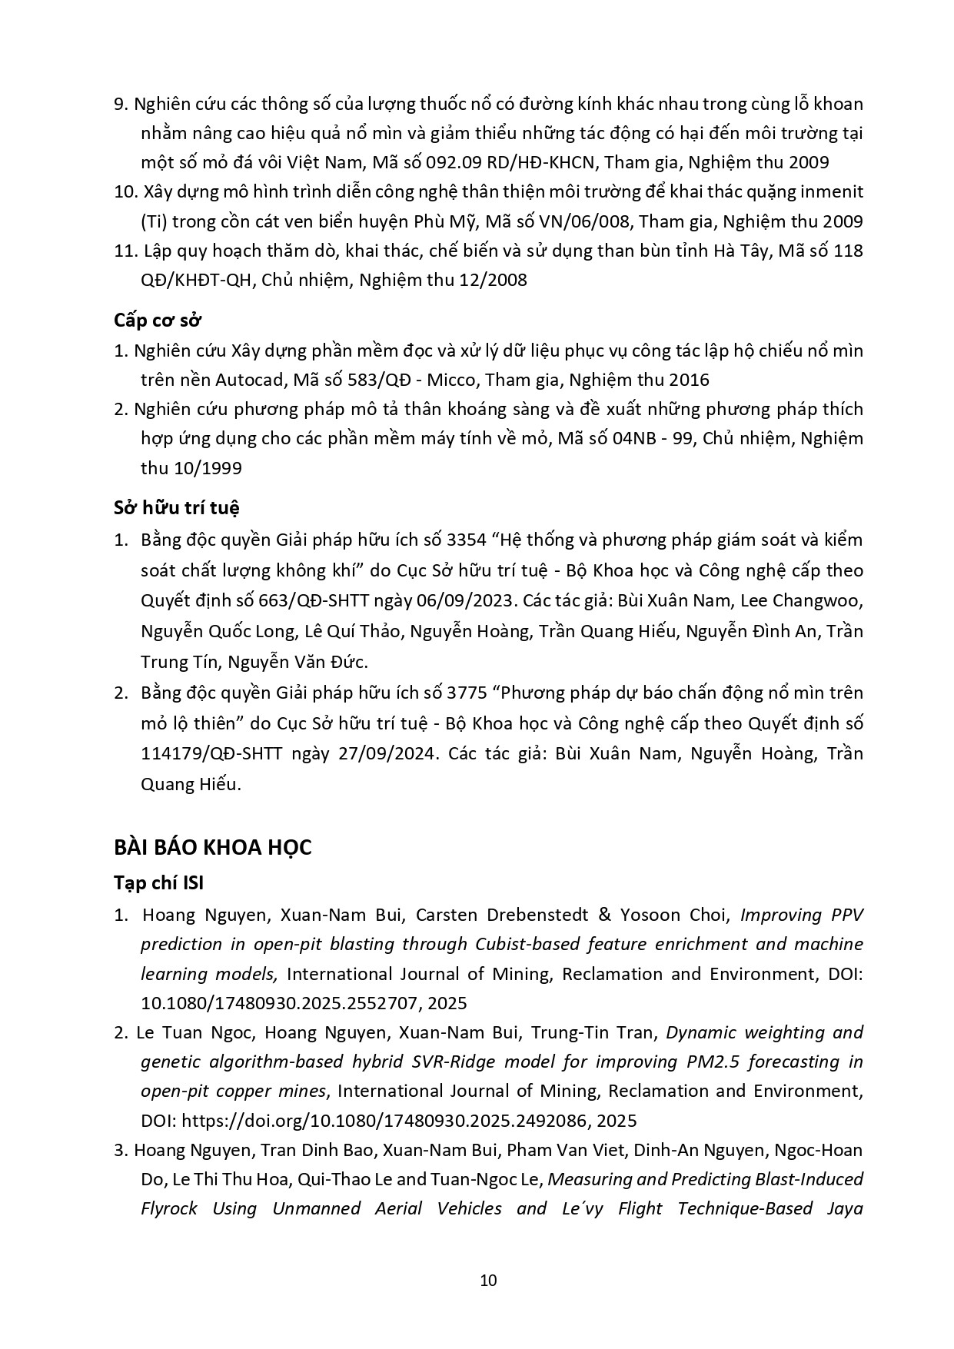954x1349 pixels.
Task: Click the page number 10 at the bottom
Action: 487,1280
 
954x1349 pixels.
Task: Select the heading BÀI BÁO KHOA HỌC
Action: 213,847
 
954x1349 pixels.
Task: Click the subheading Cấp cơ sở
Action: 158,320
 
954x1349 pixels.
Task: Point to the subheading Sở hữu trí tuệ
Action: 177,507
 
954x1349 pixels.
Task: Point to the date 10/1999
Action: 191,468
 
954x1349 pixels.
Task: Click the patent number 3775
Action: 466,693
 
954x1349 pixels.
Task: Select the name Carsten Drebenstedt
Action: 502,915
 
